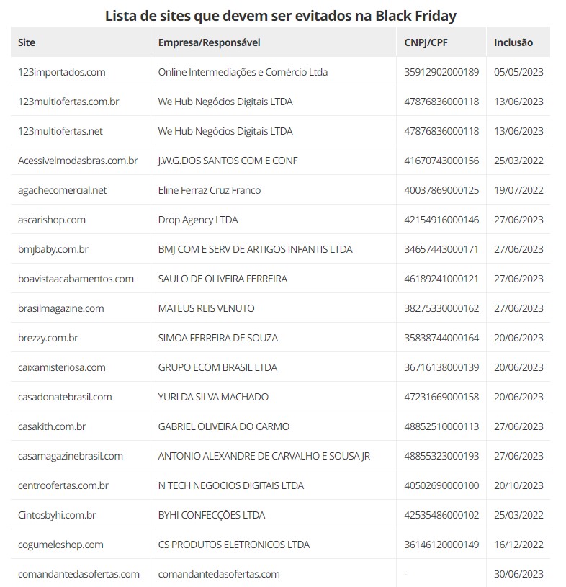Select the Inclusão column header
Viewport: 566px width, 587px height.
pyautogui.click(x=513, y=42)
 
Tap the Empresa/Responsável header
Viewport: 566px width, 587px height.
pyautogui.click(x=209, y=42)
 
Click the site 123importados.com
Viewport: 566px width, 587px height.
pyautogui.click(x=62, y=72)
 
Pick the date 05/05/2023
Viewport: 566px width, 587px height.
pyautogui.click(x=518, y=72)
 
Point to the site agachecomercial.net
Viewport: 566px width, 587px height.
pyautogui.click(x=62, y=190)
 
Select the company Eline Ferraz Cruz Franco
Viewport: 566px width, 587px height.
pyautogui.click(x=210, y=190)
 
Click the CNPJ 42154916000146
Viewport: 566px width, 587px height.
pyautogui.click(x=441, y=220)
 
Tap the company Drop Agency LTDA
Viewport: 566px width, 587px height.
pyautogui.click(x=198, y=220)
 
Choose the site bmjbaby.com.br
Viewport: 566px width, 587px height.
pyautogui.click(x=53, y=249)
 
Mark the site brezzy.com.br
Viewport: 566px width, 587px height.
pyautogui.click(x=48, y=338)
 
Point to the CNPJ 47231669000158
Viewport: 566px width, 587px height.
pyautogui.click(x=441, y=397)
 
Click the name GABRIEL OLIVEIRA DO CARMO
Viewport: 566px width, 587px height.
pyautogui.click(x=224, y=426)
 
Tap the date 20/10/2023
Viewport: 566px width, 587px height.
pyautogui.click(x=518, y=485)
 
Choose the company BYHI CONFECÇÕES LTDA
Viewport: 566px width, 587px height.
pyautogui.click(x=212, y=515)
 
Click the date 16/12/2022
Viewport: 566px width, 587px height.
pyautogui.click(x=518, y=545)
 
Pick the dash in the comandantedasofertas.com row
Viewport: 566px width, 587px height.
pyautogui.click(x=407, y=574)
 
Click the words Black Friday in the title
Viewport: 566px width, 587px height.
pyautogui.click(x=416, y=15)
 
